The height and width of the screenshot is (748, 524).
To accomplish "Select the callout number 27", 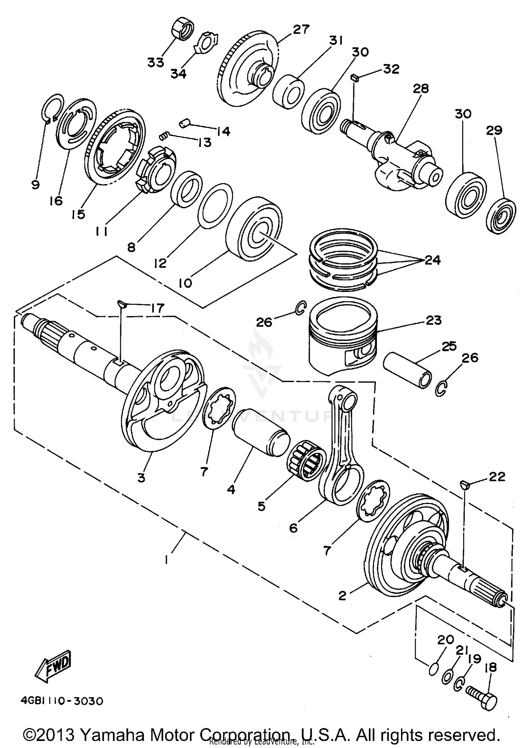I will tap(301, 30).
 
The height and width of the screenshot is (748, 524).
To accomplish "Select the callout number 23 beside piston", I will tap(434, 320).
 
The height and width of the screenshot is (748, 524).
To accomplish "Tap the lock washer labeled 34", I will tap(205, 43).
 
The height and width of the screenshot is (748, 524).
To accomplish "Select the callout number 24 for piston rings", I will tap(432, 260).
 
